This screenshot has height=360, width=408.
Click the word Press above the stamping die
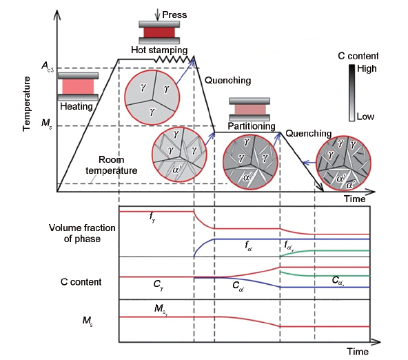coord(174,14)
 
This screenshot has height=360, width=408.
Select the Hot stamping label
coord(159,50)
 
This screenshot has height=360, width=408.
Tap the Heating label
coord(76,106)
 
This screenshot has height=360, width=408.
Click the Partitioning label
coord(252,126)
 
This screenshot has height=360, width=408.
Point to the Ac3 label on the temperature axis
coord(48,66)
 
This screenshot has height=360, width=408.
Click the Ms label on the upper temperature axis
coord(47,123)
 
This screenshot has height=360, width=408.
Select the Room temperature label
coord(112,165)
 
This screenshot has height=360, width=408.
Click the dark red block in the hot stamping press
coord(159,32)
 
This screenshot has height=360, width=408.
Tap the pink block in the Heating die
coord(78,87)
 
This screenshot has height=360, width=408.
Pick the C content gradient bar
coord(351,93)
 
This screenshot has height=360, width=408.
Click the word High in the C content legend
coord(367,68)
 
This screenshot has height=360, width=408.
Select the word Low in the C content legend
coord(365,117)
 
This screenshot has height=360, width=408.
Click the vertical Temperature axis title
coord(26,104)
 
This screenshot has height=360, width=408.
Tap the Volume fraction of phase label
coord(82,233)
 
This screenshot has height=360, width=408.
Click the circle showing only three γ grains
coord(152,97)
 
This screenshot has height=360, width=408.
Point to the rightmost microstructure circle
coord(343,163)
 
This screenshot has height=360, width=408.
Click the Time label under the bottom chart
coord(358,352)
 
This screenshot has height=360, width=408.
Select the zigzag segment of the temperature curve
coord(174,59)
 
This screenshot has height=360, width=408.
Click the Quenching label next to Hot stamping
coord(227,80)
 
